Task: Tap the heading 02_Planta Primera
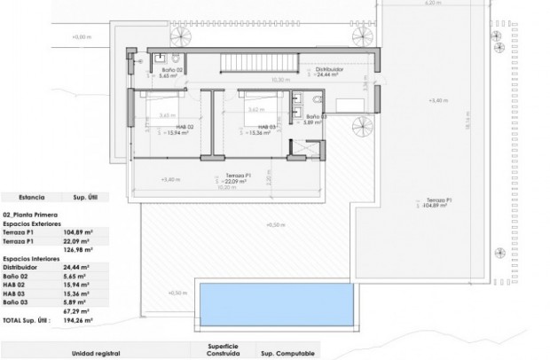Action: pyautogui.click(x=33, y=215)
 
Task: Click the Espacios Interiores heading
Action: pyautogui.click(x=34, y=256)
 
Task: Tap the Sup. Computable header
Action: pyautogui.click(x=287, y=353)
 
